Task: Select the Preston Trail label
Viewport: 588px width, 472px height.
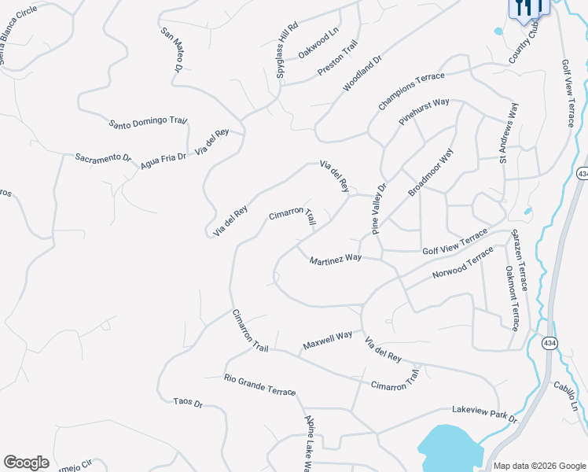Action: click(337, 58)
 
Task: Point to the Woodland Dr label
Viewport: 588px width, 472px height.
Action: click(362, 73)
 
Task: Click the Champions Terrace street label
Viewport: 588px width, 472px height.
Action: click(410, 91)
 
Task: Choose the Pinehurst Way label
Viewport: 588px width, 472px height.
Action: click(424, 112)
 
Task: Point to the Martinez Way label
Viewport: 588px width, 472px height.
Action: click(335, 259)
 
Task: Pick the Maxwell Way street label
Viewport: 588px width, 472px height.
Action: click(327, 341)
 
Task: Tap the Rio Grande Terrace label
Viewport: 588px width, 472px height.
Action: click(259, 385)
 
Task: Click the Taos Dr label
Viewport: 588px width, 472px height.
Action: click(188, 403)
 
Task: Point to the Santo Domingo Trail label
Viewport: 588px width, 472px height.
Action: click(148, 122)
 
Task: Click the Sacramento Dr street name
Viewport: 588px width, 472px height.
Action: click(103, 157)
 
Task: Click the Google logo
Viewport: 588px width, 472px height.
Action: click(26, 463)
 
